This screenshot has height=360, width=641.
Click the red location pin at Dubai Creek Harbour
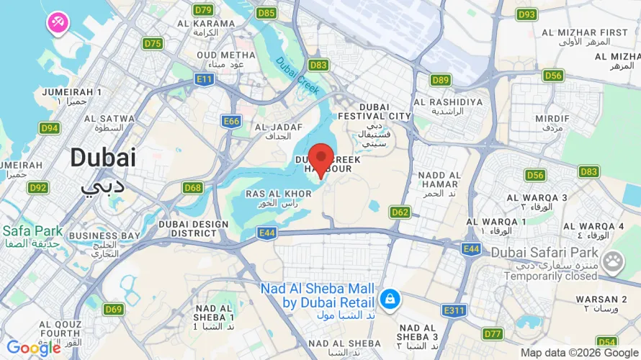pos(320,158)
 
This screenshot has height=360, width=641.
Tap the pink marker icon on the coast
pos(58,22)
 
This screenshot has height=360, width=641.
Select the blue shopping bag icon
pos(390,298)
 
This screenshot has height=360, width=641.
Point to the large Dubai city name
pos(102,158)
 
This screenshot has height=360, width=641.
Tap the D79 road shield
pos(204,10)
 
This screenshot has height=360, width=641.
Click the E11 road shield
pos(204,79)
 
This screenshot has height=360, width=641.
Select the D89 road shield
pos(441,80)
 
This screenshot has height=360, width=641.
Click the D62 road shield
pos(400,212)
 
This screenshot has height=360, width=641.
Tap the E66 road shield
pos(231,122)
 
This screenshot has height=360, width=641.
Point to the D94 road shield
pos(50,128)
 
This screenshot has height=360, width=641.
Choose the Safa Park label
pos(32,236)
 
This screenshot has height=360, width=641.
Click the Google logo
pos(33,348)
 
